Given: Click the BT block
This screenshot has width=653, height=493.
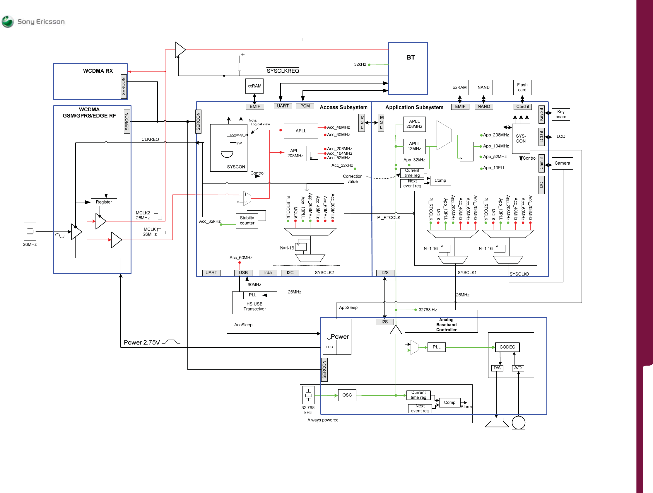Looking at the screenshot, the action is [408, 69].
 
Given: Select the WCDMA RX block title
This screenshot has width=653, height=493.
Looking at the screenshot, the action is [98, 71].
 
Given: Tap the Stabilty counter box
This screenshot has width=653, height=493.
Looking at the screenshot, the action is [247, 221].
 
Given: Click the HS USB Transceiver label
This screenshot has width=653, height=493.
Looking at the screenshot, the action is [254, 306].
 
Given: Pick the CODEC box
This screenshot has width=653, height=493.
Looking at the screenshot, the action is [507, 347].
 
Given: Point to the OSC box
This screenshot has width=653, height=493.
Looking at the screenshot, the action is [347, 395].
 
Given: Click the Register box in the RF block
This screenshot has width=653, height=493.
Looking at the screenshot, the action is [104, 202].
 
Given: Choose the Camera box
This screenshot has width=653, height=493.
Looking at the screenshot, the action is [563, 163].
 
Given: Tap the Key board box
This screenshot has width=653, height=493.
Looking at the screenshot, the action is [561, 114].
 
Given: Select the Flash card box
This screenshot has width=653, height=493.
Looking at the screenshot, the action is [522, 87].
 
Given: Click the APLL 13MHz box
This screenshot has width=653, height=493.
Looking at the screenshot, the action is [414, 146].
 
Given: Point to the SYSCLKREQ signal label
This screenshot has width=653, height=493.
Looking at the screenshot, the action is [283, 71].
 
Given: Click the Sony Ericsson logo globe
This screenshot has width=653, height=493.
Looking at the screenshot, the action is [7, 22].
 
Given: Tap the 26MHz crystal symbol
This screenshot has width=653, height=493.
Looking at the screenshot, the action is [30, 232].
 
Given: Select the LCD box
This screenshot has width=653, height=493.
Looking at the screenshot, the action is [561, 137].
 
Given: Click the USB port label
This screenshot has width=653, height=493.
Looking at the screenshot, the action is [243, 273].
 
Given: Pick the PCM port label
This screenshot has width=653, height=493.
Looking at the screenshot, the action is [305, 106].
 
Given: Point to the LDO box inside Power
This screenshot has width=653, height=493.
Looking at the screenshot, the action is [330, 347].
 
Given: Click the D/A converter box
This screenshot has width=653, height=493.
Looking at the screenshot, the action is [497, 368].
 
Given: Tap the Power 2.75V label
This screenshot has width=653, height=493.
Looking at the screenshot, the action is [142, 342].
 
